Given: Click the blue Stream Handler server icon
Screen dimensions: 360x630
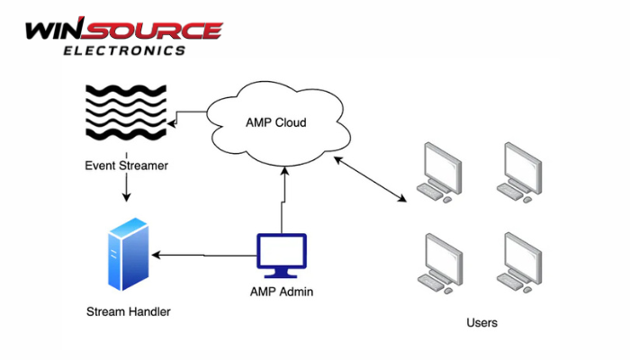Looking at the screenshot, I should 126,255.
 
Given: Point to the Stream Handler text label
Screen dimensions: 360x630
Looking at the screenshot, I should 128,311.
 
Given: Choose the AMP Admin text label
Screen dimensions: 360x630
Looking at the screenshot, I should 282,292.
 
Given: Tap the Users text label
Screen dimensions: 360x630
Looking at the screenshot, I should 482,322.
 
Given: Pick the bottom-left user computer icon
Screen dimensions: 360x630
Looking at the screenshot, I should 440,260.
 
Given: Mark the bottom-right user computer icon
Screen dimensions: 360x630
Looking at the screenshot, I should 522,260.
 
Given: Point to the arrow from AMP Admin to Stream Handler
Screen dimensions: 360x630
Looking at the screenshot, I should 202,256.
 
